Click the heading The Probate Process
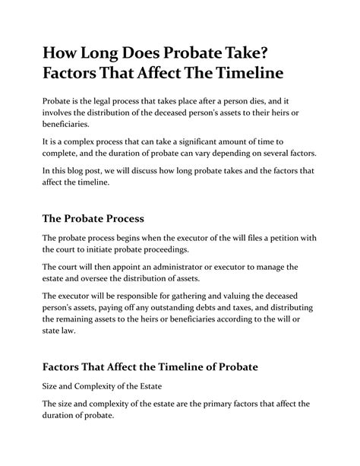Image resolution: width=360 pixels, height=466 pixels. point(93,219)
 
